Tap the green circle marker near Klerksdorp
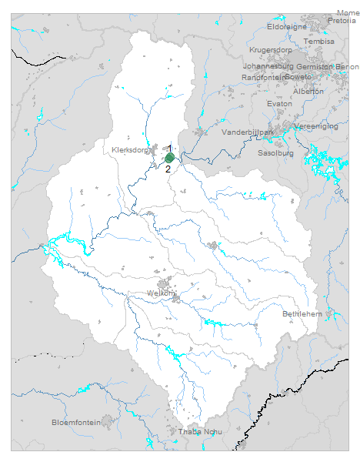169,157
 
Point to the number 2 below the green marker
168,169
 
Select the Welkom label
161,293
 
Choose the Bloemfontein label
76,422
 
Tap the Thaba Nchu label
199,431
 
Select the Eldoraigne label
287,26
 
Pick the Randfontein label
264,77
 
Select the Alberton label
308,91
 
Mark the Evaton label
278,103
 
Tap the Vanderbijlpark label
248,132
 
